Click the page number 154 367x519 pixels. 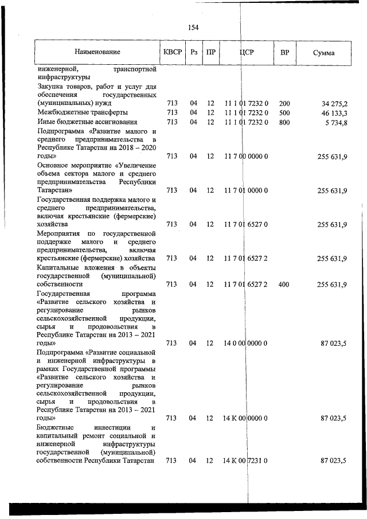(193, 28)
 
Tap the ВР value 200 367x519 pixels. (284, 104)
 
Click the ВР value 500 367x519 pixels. (284, 113)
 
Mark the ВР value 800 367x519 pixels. (284, 122)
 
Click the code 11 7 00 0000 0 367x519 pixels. (247, 156)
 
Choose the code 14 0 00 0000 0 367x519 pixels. (247, 343)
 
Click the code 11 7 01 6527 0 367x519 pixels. (247, 225)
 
